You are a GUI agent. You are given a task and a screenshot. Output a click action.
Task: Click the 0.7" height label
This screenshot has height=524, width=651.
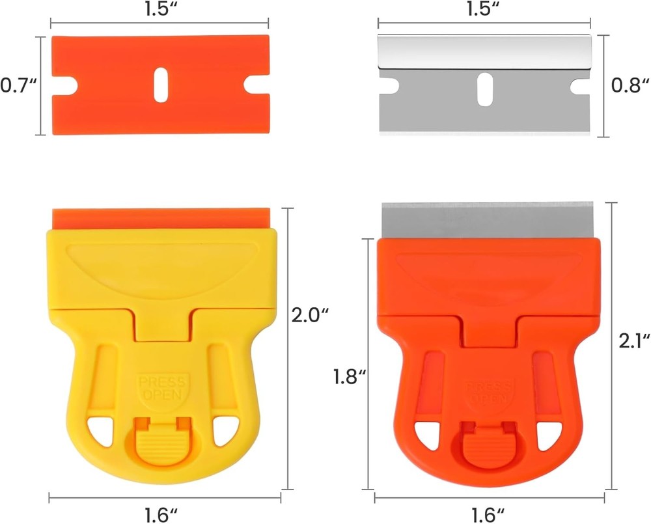[18, 85]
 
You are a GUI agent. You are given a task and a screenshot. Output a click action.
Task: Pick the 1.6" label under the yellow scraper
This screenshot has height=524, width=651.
[160, 514]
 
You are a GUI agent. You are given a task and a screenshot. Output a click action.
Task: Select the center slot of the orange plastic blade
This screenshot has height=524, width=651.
[160, 85]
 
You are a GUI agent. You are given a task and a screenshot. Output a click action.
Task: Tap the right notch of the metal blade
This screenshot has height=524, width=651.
[580, 85]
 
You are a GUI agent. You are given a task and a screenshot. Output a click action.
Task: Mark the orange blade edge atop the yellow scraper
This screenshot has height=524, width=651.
[160, 217]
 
